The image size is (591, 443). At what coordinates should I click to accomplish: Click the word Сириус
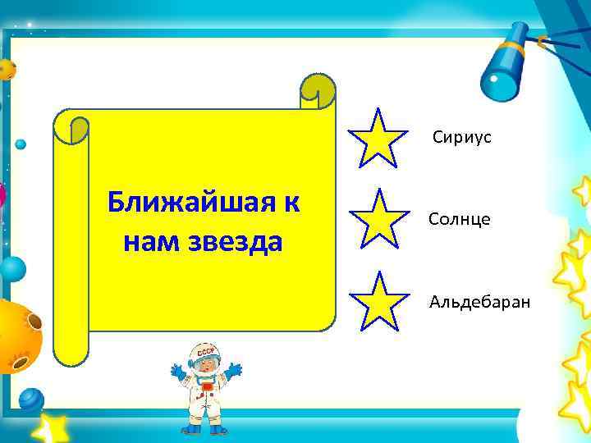tap(462, 137)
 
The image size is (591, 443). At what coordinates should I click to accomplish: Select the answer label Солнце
tap(459, 219)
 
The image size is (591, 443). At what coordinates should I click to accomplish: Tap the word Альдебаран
tap(479, 302)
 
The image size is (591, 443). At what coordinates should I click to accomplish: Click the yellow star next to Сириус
tap(378, 138)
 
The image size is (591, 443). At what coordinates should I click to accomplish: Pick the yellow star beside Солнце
tap(378, 218)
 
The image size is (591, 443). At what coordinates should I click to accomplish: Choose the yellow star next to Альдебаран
tap(378, 301)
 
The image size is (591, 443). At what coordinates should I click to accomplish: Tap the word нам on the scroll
tap(148, 242)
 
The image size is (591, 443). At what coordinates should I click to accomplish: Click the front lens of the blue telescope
tap(497, 82)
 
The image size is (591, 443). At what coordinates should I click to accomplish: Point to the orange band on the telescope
tap(541, 39)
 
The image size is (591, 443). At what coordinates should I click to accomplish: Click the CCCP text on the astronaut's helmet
tap(203, 354)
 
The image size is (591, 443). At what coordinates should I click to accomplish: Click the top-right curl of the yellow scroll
tap(318, 89)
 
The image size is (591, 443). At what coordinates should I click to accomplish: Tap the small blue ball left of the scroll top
tap(21, 144)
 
